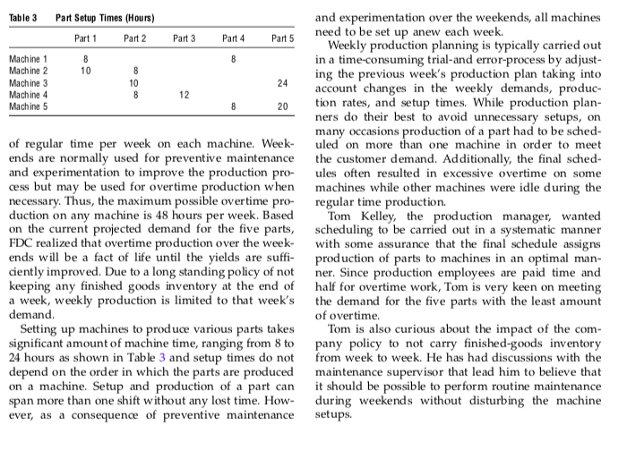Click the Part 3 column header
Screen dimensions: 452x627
(x=185, y=38)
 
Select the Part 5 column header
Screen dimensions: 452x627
(x=283, y=38)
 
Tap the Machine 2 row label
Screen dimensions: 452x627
(x=29, y=70)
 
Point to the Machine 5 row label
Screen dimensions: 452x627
(x=29, y=105)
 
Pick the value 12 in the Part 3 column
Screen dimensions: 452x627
(x=185, y=93)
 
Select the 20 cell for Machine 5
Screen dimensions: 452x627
(x=282, y=105)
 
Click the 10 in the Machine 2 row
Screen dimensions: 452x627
(x=86, y=70)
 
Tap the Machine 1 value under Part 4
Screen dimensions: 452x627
(x=233, y=58)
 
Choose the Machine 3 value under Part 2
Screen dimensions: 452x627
(x=135, y=81)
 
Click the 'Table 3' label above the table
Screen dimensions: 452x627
(x=22, y=18)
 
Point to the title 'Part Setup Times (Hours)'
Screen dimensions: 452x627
(x=105, y=18)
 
